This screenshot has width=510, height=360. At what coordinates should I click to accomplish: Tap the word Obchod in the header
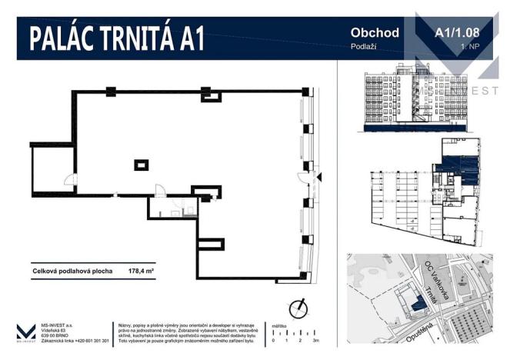(x=375, y=32)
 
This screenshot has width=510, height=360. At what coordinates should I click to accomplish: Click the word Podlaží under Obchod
(x=362, y=48)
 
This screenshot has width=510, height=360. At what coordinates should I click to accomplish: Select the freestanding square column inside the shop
(x=141, y=164)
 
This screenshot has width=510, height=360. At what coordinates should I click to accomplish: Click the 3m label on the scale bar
(x=316, y=339)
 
